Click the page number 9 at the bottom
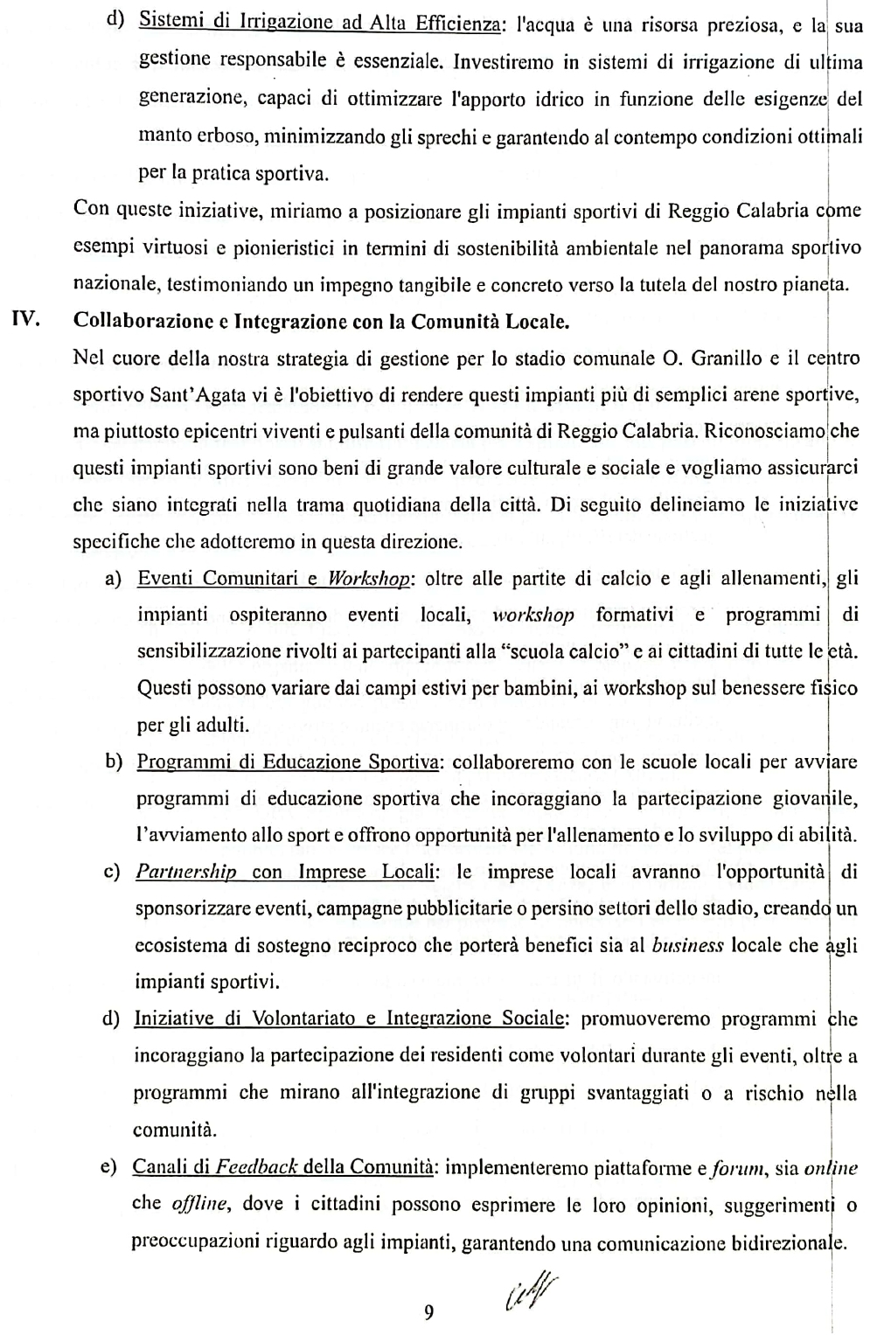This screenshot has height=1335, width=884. [x=428, y=1311]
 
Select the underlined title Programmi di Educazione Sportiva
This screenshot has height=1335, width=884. [x=288, y=761]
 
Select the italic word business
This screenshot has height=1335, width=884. [x=688, y=945]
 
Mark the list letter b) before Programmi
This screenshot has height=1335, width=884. [x=114, y=761]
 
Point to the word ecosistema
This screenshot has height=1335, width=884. [x=179, y=945]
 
